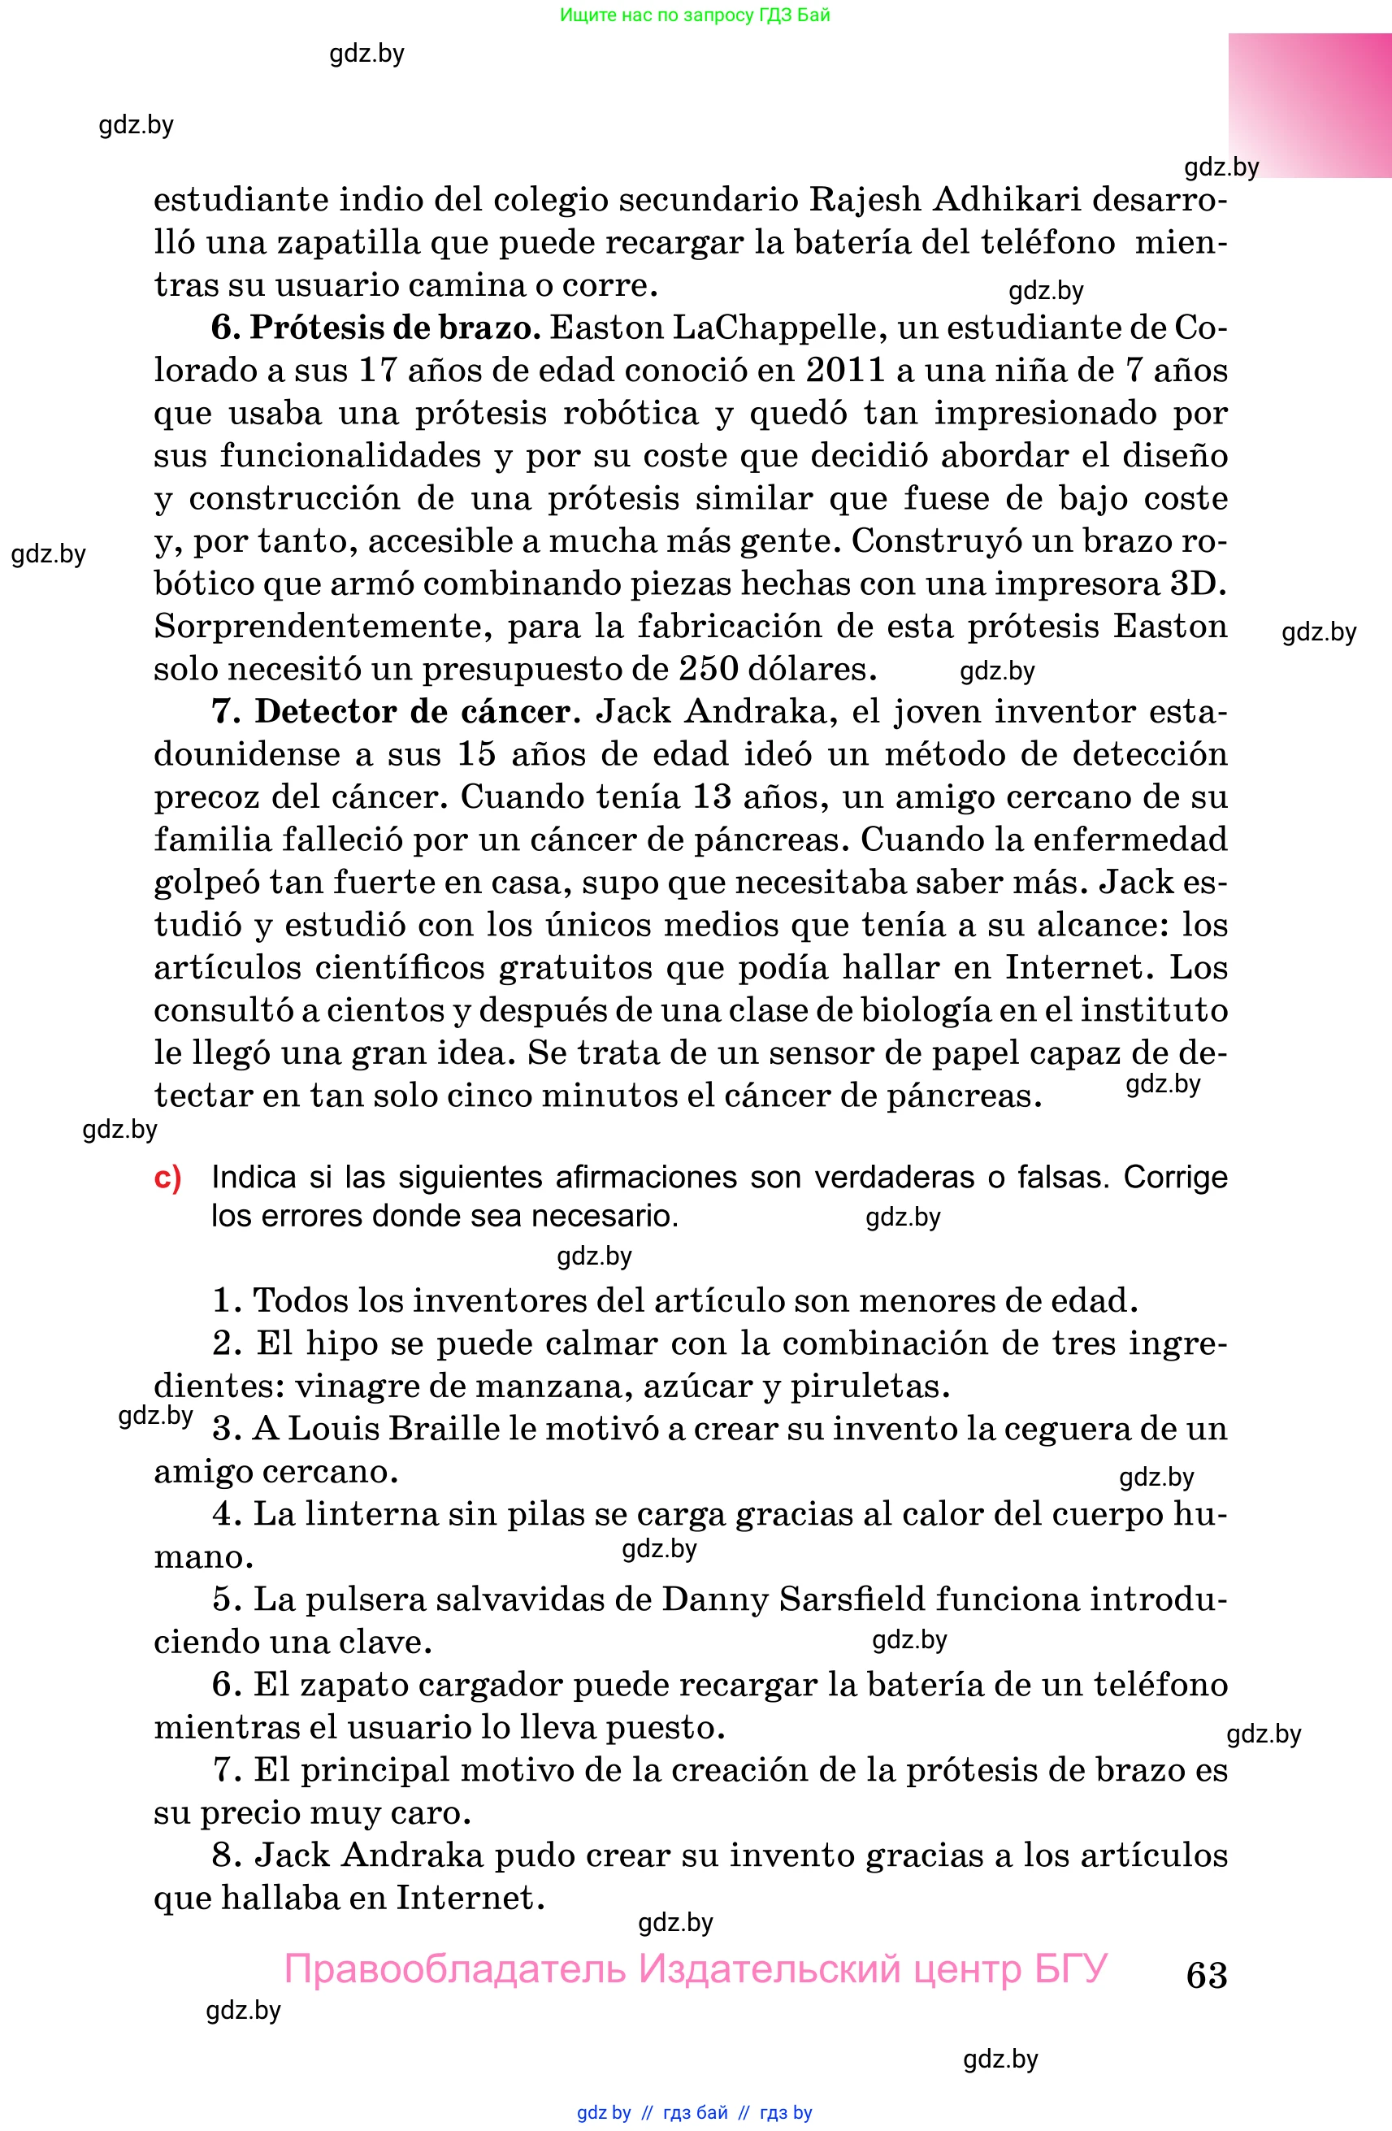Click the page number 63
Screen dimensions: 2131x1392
(x=1206, y=1975)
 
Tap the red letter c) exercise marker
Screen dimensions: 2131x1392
(x=167, y=1178)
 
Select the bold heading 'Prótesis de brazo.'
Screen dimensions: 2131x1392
(x=394, y=328)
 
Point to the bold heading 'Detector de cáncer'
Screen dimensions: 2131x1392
(x=413, y=712)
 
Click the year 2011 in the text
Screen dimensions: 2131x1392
(x=845, y=370)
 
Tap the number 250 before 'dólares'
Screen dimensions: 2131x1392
(x=707, y=669)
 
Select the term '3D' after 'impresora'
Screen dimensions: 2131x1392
(x=1198, y=584)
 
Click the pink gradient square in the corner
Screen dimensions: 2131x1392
(x=1309, y=106)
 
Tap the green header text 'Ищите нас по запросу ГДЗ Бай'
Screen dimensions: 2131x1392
(x=695, y=15)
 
